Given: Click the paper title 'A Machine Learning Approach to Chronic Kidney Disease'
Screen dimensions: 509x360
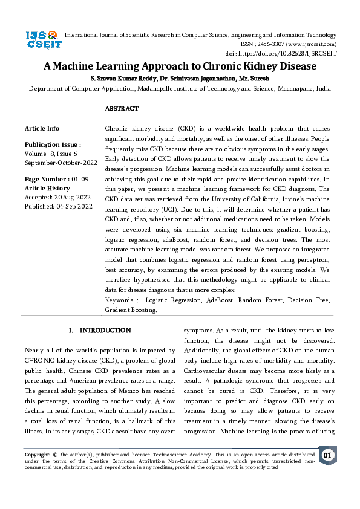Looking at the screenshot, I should point(180,66).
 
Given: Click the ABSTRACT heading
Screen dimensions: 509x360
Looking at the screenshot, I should point(122,109).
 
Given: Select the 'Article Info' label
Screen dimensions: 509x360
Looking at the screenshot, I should point(42,128).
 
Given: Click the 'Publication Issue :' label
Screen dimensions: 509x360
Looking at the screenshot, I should point(53,145).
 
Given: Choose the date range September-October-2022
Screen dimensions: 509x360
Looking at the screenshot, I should point(61,163).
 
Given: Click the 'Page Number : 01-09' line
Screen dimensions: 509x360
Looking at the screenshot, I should point(56,180).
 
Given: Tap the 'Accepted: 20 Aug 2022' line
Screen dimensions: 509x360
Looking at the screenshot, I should point(57,197).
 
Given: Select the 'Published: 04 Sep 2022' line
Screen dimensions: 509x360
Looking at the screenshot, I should point(58,206).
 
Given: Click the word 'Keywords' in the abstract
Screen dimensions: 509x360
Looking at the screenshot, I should point(119,300).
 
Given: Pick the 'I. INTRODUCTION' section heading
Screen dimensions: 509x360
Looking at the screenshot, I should point(100,331).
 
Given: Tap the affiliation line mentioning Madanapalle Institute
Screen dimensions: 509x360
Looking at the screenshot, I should point(180,88).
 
